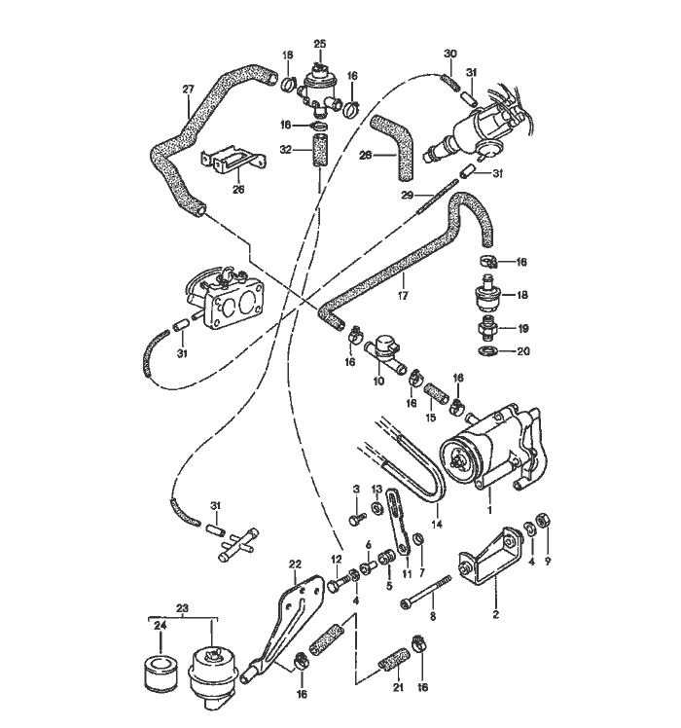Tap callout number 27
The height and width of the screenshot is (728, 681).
[188, 89]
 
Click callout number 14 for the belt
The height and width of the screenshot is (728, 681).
[437, 523]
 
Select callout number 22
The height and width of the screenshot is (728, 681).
[295, 563]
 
